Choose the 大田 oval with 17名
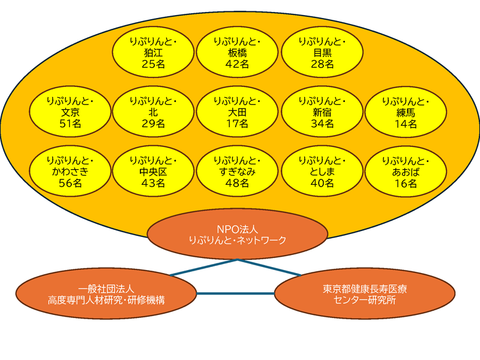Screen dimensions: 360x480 [x=237, y=112]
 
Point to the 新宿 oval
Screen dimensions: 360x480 [x=322, y=112]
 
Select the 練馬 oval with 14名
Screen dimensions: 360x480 [x=406, y=112]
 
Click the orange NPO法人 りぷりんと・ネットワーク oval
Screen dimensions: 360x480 [x=237, y=235]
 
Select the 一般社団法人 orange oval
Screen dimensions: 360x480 [x=106, y=293]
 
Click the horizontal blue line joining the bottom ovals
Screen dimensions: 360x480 [x=235, y=293]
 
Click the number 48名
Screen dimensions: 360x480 [x=237, y=184]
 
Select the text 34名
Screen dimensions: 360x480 [x=322, y=124]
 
